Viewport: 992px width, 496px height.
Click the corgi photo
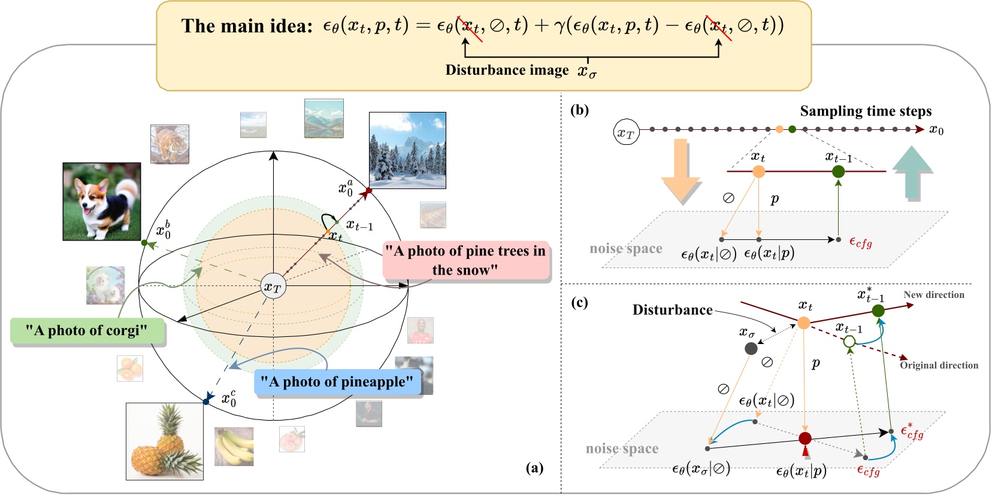[x=102, y=202]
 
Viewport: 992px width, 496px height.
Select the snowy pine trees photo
[x=407, y=150]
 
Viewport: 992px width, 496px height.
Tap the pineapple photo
[x=165, y=442]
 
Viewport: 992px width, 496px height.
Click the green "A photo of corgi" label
[x=87, y=331]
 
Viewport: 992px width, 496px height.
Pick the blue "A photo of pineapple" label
[x=337, y=382]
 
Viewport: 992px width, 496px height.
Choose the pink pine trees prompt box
[x=465, y=261]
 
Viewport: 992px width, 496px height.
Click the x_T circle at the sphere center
[x=273, y=287]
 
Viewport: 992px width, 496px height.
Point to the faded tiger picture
[x=170, y=144]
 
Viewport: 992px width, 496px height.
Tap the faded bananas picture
[x=234, y=446]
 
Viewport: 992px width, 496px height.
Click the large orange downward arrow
[x=681, y=171]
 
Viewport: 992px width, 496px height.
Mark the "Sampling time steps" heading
[x=866, y=111]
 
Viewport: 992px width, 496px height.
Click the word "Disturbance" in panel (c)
[x=672, y=310]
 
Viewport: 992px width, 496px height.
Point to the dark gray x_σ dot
[x=751, y=348]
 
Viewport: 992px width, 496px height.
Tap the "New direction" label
[x=934, y=295]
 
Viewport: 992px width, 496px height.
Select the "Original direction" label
[x=939, y=366]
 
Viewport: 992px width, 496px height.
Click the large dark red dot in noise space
[x=805, y=439]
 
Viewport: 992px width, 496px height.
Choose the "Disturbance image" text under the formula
[x=507, y=71]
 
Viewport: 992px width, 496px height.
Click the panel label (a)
[x=534, y=468]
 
